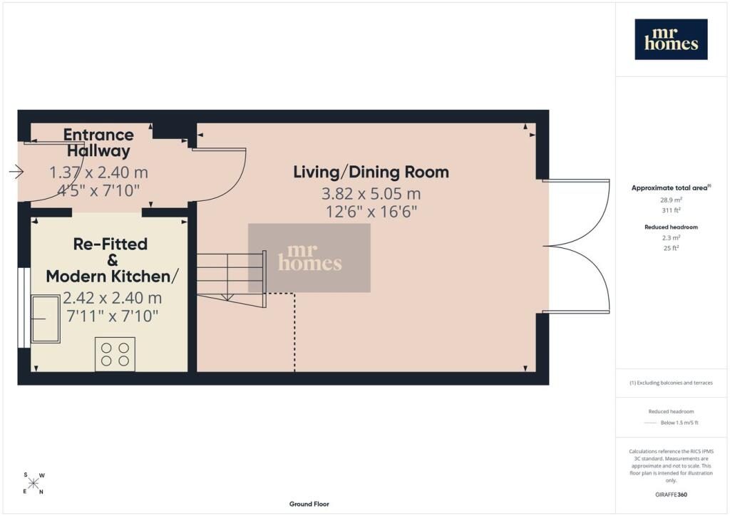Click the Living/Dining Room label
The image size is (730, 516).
(x=371, y=172)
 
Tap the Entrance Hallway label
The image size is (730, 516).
(x=98, y=143)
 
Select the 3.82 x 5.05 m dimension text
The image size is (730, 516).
(x=371, y=194)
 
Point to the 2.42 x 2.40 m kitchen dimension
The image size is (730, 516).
(x=112, y=298)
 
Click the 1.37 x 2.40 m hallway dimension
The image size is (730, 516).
(x=98, y=172)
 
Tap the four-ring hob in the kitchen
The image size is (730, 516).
(x=115, y=354)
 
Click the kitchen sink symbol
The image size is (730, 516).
(x=45, y=319)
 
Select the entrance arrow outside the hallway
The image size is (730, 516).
(x=16, y=172)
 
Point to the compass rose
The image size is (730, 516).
(x=34, y=483)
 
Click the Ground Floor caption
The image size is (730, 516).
(x=309, y=504)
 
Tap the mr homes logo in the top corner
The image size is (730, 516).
(x=671, y=39)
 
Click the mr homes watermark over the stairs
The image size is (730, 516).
(x=309, y=258)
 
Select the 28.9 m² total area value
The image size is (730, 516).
(x=671, y=200)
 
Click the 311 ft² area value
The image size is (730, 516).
(x=671, y=210)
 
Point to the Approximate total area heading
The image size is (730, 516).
(x=671, y=188)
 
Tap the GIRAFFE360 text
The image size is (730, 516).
(x=671, y=495)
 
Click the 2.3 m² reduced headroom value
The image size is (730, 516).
(x=671, y=238)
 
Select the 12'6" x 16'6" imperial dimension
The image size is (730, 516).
(x=371, y=212)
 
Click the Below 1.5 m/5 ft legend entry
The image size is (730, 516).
(x=679, y=423)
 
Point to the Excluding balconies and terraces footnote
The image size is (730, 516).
(x=671, y=383)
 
